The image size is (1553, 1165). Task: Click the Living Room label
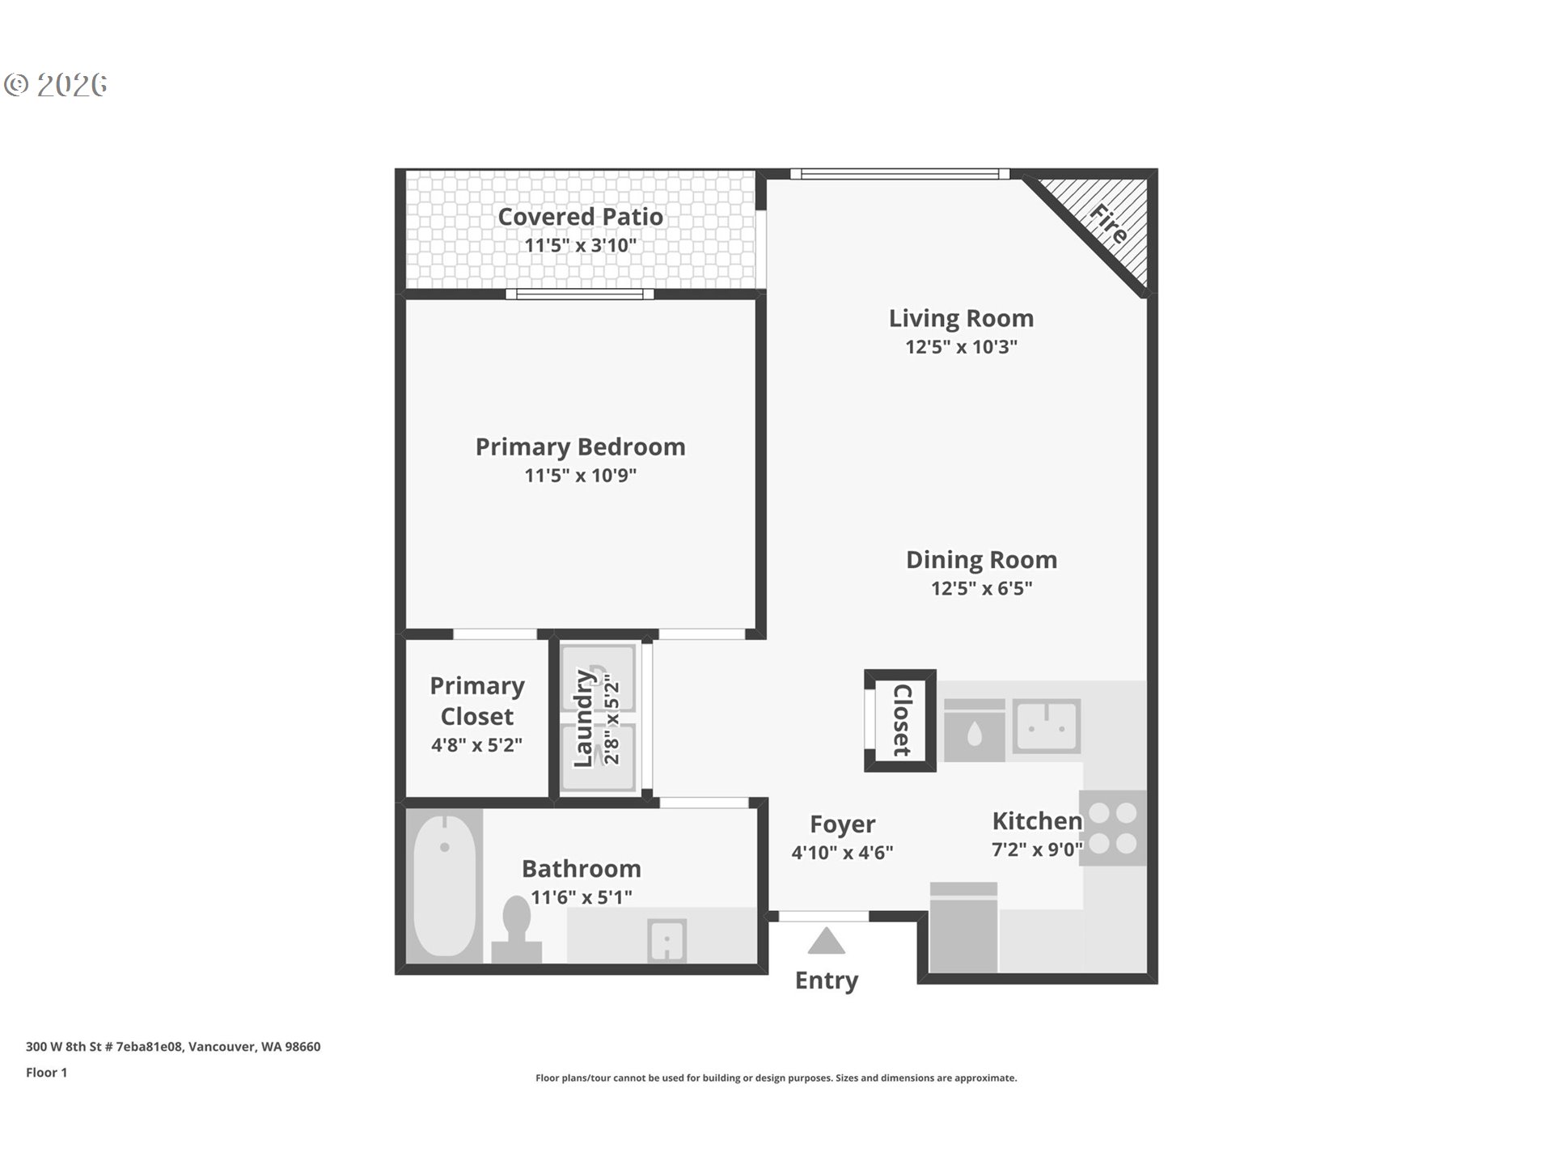[961, 319]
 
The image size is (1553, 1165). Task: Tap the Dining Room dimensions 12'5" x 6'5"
[981, 588]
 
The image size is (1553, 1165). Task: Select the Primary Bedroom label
[580, 447]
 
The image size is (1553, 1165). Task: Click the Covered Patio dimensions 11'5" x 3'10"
[580, 245]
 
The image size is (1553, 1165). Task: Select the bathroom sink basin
[666, 940]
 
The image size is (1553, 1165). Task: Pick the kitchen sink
[1047, 726]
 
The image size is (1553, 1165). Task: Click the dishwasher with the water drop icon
[975, 731]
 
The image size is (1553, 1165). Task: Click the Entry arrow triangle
[826, 943]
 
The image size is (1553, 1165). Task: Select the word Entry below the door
[826, 981]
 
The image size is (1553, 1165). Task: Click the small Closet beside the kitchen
[900, 720]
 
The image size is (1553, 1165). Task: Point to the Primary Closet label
[476, 701]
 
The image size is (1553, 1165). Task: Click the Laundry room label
[584, 718]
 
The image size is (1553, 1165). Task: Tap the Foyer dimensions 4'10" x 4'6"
[842, 853]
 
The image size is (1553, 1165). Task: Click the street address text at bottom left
[173, 1046]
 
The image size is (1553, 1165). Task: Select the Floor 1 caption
[46, 1072]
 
